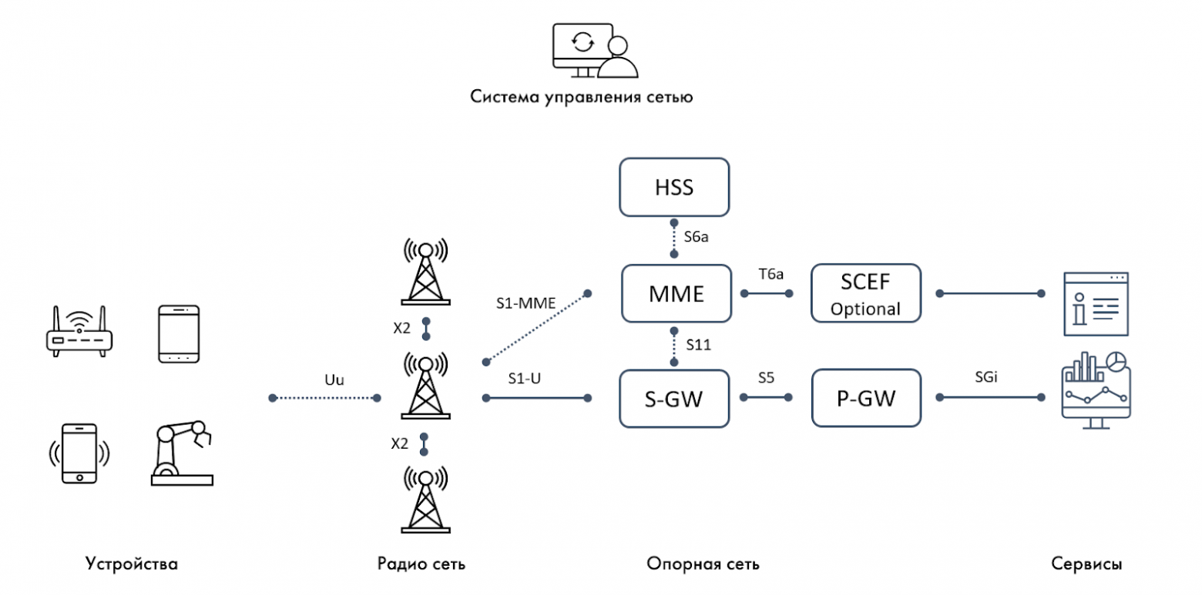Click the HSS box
coord(674,187)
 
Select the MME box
coord(674,294)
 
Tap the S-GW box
coord(674,399)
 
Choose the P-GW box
coord(866,399)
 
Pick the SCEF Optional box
coord(866,294)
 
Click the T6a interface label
coord(766,276)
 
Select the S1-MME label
coord(524,304)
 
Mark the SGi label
coord(989,379)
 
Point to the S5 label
coord(766,379)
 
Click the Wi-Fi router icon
coord(79,331)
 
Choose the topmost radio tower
coord(422,272)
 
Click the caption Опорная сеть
coord(703,564)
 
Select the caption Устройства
coord(132,564)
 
